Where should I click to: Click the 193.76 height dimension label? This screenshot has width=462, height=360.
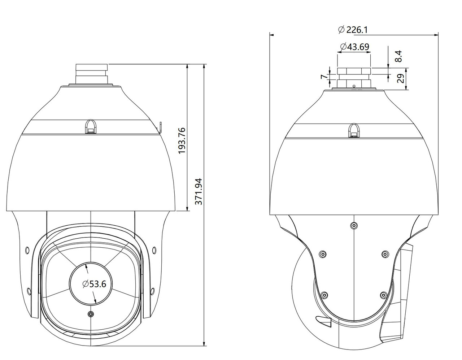click(x=182, y=140)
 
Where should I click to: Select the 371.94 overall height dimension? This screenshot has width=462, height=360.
click(x=199, y=191)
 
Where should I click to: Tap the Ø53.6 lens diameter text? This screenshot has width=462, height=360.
click(x=94, y=284)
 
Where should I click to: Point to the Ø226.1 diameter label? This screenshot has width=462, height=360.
click(x=353, y=30)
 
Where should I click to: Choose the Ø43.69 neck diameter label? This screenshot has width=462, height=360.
click(x=354, y=47)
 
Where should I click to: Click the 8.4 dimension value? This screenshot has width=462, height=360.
click(x=398, y=56)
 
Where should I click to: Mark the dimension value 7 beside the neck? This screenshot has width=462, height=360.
click(x=324, y=77)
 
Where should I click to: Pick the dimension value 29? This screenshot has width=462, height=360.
click(x=400, y=79)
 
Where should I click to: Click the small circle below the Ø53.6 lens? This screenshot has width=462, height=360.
click(x=91, y=314)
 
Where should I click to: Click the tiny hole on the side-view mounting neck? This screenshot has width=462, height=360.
click(x=354, y=86)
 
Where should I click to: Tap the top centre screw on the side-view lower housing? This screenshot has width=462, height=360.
click(x=354, y=226)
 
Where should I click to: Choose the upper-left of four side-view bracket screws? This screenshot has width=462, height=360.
click(x=323, y=254)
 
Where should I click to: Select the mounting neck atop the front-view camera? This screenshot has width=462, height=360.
click(x=91, y=74)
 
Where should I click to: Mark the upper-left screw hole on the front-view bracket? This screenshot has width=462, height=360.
click(x=27, y=249)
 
